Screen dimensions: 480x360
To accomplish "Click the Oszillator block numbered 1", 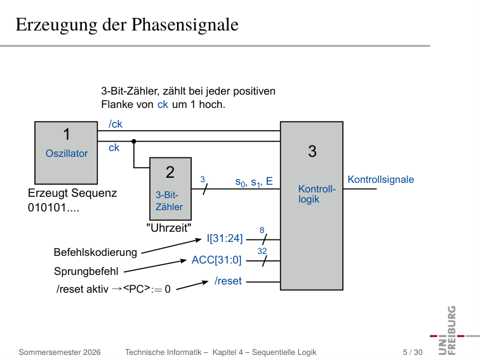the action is point(66,153).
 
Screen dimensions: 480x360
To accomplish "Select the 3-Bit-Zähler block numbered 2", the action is point(171,189).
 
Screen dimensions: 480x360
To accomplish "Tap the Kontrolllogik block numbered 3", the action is point(312,206).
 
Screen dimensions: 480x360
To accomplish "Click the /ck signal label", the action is point(116,124).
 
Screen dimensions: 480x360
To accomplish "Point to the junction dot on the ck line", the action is point(134,142).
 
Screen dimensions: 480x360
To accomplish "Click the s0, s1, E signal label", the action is point(254,182).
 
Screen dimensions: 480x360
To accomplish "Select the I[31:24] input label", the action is point(225,238).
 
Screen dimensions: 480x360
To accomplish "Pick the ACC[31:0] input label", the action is point(217,260).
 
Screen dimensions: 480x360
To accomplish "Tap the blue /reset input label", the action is point(228,281).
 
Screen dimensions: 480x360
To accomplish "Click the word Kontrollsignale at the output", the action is point(380,179).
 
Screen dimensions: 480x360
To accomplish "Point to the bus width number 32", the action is point(262,251).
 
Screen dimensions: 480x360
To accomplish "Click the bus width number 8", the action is point(262,230).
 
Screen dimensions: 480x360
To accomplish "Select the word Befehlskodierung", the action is point(95,252).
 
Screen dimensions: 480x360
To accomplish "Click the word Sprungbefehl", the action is point(86,271).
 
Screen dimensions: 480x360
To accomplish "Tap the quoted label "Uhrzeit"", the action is point(169,228).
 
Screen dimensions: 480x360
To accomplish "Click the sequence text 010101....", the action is point(53,208).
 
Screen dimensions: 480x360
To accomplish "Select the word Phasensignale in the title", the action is point(185,25).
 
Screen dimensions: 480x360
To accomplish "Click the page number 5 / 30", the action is point(413,352).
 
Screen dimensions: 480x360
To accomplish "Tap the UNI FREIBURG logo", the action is point(453,331).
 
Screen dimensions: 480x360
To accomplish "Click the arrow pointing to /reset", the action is point(192,285).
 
